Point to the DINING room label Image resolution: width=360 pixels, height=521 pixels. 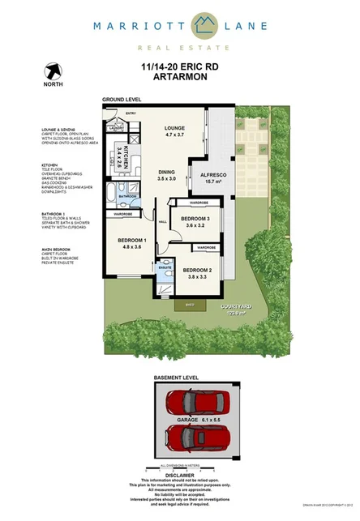pos(166,172)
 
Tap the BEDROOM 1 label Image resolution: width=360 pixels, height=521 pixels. pos(132,241)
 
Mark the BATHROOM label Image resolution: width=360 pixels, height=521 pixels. pos(127,196)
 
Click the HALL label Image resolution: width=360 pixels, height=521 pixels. pos(162,221)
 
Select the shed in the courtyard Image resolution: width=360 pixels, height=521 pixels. pos(190,304)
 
